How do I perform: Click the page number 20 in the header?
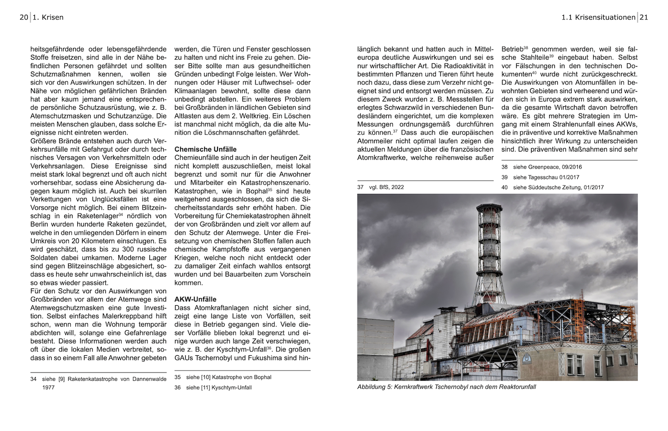click(x=24, y=18)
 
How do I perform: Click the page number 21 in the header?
click(x=644, y=18)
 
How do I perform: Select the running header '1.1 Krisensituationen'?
click(x=598, y=18)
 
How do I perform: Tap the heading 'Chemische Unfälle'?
click(x=205, y=149)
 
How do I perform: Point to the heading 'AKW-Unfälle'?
click(x=195, y=299)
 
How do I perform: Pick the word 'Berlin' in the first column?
click(x=41, y=224)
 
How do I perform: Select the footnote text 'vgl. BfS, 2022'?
click(x=386, y=187)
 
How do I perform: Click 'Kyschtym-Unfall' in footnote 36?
click(x=231, y=388)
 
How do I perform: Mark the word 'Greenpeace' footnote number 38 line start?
click(x=504, y=167)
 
